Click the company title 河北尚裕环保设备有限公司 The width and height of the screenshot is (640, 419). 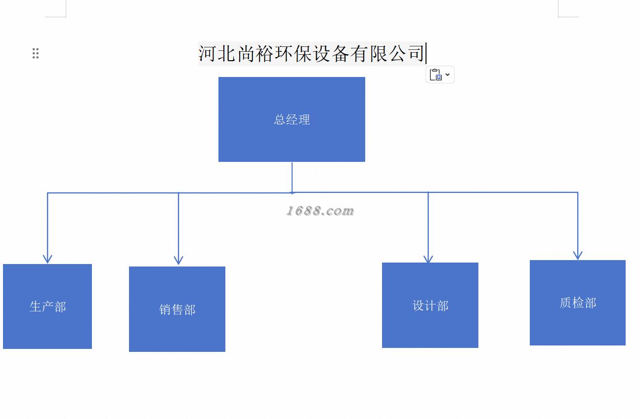click(311, 53)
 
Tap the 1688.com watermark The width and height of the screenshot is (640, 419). click(320, 211)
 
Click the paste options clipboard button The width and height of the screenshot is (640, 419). click(435, 75)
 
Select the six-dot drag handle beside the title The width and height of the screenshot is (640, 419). click(36, 53)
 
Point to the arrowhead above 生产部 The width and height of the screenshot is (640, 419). click(47, 258)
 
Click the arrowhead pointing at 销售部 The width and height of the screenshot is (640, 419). click(178, 260)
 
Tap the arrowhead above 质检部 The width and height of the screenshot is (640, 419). click(577, 255)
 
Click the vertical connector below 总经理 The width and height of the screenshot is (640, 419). click(292, 177)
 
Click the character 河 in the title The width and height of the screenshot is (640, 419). click(207, 53)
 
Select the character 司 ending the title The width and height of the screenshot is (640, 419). click(416, 53)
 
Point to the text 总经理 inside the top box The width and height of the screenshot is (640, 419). click(292, 119)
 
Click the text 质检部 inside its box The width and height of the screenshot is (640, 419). click(578, 303)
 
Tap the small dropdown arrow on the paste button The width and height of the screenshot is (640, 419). click(447, 75)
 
